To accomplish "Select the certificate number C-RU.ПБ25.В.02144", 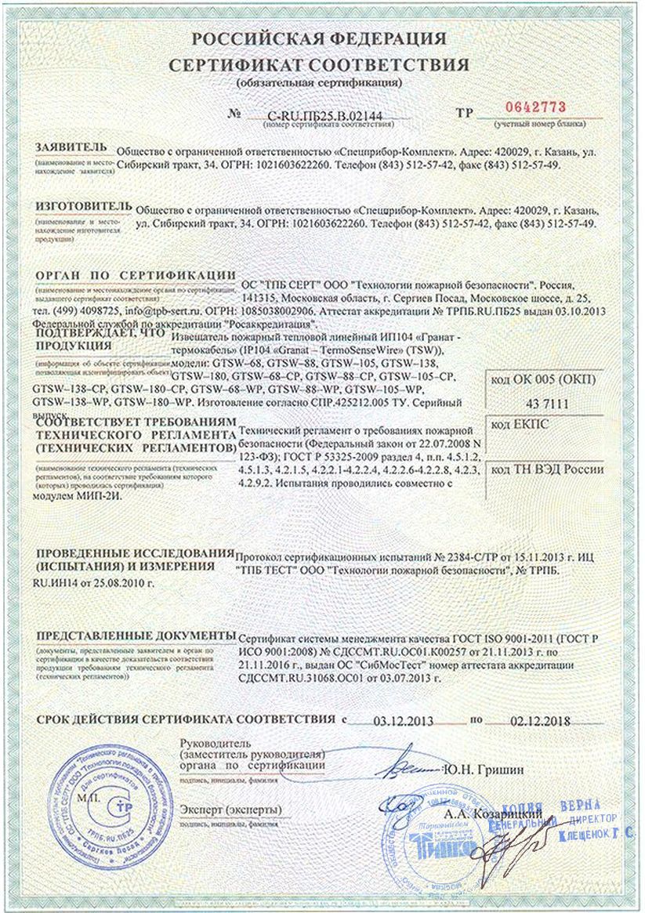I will (x=321, y=117).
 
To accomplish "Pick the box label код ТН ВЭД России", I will (x=547, y=469).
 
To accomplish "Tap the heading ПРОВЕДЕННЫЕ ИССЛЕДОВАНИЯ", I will (x=135, y=553).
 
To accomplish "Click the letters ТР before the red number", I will (x=465, y=112).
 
